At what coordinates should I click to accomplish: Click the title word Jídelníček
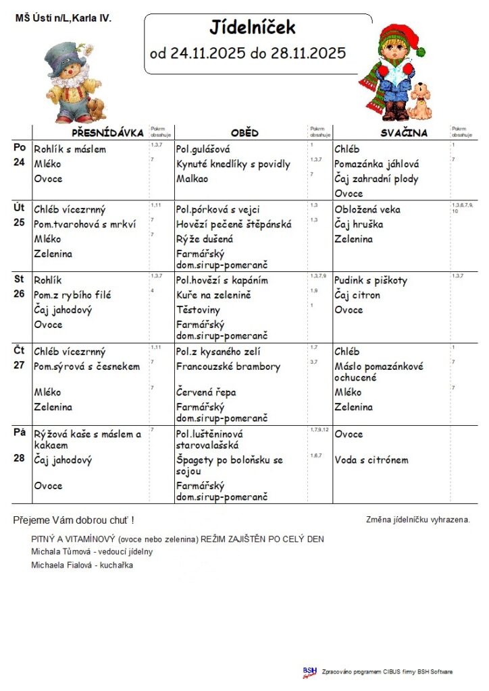[x=253, y=28]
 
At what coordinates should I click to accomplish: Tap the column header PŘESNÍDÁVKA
[x=108, y=133]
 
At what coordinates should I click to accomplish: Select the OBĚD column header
[x=244, y=133]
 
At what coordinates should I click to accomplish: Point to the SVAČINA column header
[x=404, y=133]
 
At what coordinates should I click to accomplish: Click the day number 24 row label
[x=20, y=162]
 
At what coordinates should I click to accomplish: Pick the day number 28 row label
[x=20, y=458]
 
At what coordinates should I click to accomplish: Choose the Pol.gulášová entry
[x=203, y=149]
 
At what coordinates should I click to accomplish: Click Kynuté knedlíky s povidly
[x=233, y=164]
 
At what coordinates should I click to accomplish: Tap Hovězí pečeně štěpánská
[x=233, y=224]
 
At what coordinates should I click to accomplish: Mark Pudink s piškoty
[x=371, y=280]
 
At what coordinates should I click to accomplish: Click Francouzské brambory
[x=228, y=366]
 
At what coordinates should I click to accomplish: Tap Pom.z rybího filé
[x=73, y=295]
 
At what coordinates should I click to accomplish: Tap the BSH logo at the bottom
[x=310, y=671]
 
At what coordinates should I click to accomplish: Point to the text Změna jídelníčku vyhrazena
[x=417, y=520]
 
